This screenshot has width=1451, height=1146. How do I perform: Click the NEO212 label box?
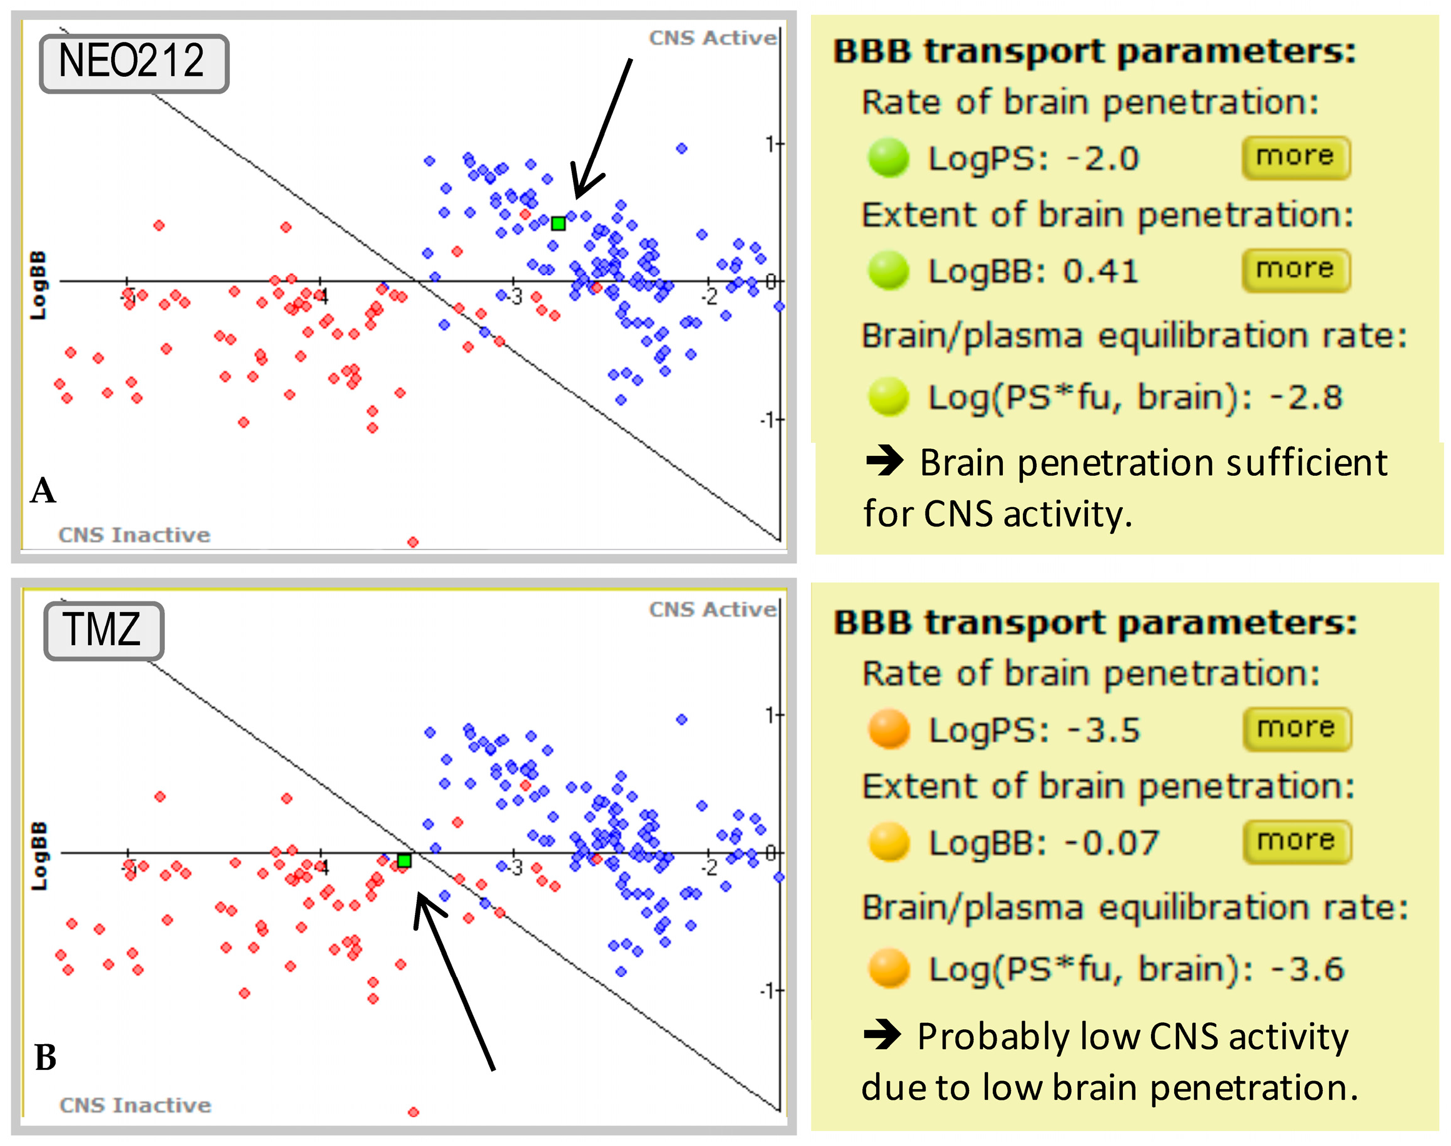(134, 62)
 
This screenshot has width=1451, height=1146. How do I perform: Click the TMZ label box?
(103, 630)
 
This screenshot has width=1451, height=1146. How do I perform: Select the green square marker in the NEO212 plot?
(558, 224)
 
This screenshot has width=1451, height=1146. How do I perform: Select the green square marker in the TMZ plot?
(404, 861)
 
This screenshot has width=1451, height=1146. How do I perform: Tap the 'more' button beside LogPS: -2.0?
(1295, 157)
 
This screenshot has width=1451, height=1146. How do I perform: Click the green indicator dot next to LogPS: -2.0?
(887, 157)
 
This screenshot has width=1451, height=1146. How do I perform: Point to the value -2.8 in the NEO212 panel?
(1306, 397)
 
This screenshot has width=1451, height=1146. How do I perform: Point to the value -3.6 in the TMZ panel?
(1307, 969)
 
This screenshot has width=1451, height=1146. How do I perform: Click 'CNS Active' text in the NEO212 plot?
(712, 38)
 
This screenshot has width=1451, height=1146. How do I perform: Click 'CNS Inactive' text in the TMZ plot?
(135, 1105)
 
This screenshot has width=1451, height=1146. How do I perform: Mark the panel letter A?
(43, 490)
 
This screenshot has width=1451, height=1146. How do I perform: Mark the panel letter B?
(45, 1058)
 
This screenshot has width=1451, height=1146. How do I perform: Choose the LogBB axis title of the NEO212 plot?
(38, 285)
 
